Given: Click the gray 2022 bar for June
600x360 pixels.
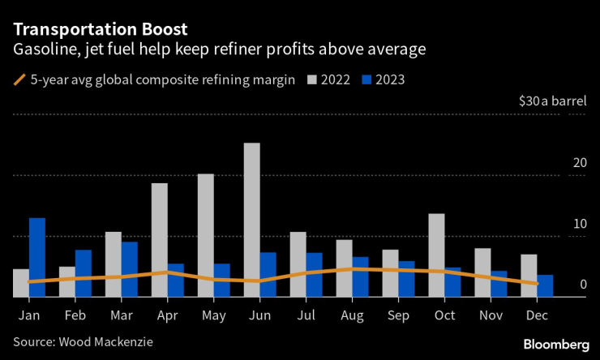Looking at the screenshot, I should click(252, 220).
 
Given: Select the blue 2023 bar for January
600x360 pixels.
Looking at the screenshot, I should click(37, 257).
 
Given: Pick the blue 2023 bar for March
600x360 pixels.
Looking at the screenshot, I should click(130, 269).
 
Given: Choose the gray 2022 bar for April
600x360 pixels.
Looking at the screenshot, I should click(160, 240).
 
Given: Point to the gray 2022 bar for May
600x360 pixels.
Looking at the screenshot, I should click(206, 235).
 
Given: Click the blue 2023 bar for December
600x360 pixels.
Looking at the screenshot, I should click(545, 286).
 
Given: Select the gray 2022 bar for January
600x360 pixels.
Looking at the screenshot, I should click(21, 283).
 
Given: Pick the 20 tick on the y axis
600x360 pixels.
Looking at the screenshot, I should click(579, 163).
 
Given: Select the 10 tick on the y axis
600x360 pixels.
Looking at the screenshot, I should click(579, 224).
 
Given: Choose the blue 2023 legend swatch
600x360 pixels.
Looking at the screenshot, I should click(366, 79).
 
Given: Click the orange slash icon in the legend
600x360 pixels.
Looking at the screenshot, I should click(19, 79).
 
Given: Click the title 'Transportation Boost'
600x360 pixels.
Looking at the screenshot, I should click(100, 29).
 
